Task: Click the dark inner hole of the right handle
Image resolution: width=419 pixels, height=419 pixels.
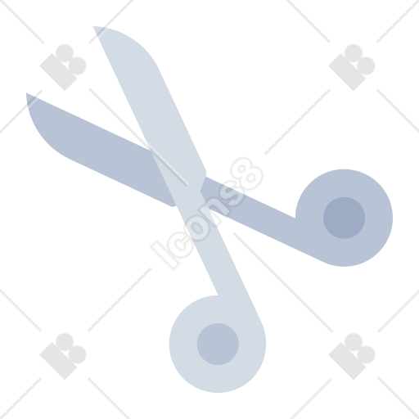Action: [x=344, y=218]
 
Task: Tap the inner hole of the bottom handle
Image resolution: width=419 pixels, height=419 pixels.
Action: [x=218, y=344]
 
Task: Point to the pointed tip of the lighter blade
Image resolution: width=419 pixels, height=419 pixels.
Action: [x=93, y=27]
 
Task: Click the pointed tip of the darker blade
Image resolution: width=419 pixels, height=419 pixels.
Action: [x=27, y=93]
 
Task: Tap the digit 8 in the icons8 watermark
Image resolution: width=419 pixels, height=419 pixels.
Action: [x=246, y=173]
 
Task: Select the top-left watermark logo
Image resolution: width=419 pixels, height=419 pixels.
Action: [x=63, y=67]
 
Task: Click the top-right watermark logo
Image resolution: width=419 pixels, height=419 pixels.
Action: [x=352, y=67]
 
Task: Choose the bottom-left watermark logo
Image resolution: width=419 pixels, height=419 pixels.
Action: [x=63, y=356]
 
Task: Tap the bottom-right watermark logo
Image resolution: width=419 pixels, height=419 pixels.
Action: [x=352, y=356]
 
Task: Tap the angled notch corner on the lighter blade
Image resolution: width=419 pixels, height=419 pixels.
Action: [x=206, y=173]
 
